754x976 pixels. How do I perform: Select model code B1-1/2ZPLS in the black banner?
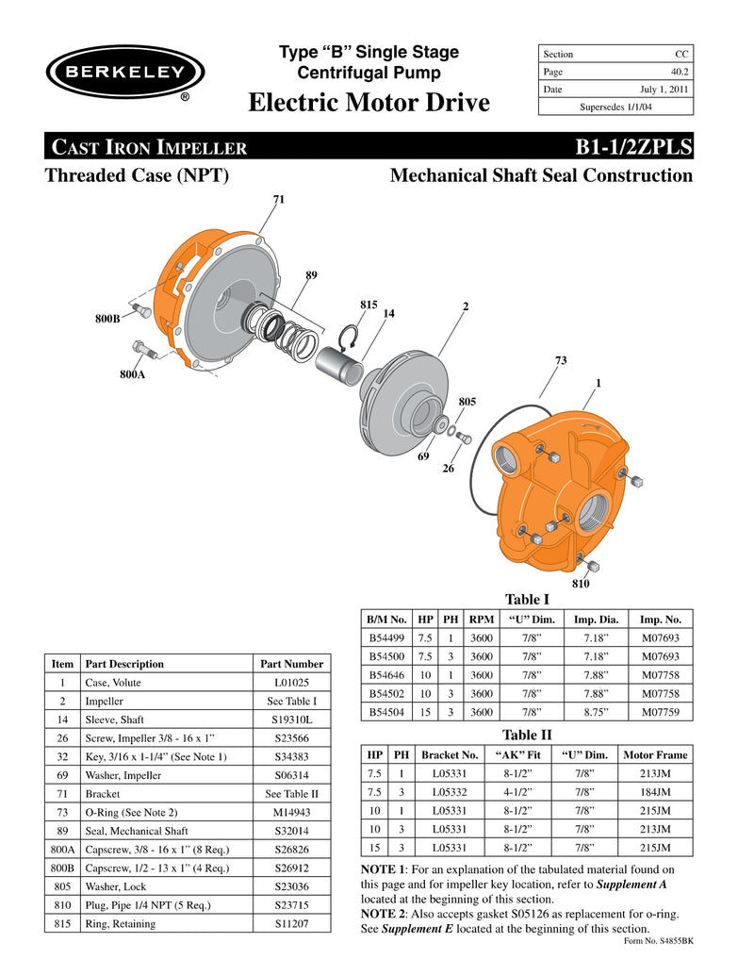coord(632,147)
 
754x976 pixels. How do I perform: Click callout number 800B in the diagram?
coord(107,319)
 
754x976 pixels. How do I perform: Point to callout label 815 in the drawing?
coord(369,305)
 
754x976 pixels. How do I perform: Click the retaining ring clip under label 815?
coord(348,338)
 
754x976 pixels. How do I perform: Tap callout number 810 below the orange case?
coord(581,584)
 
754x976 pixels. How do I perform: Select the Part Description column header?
coord(123,664)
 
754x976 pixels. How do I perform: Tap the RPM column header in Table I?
coord(481,620)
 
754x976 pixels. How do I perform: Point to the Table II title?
coord(527,735)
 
